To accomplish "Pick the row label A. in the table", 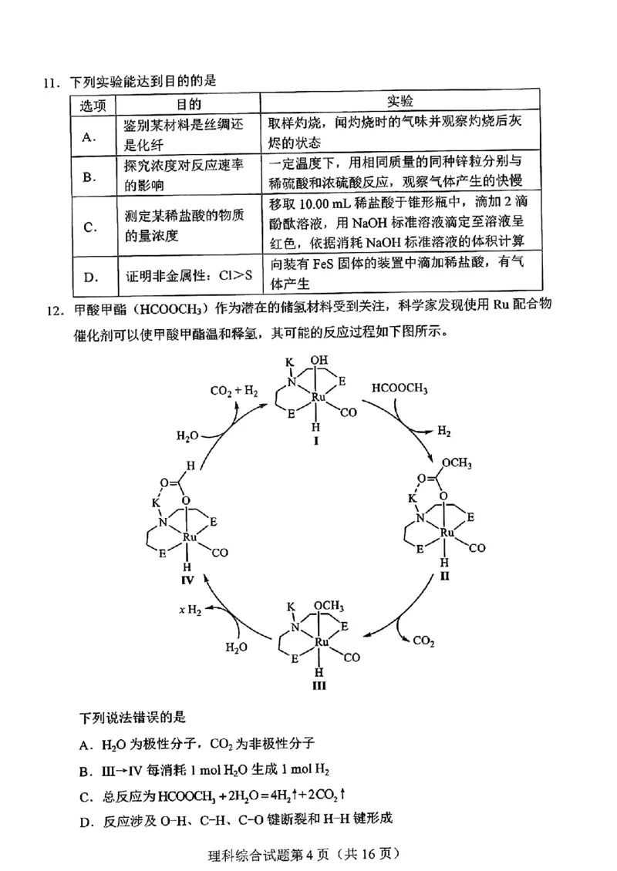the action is (x=89, y=136).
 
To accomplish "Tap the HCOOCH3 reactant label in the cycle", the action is (x=400, y=388).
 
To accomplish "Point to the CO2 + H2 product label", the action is (x=234, y=391).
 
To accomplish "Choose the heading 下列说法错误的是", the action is (x=133, y=718).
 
